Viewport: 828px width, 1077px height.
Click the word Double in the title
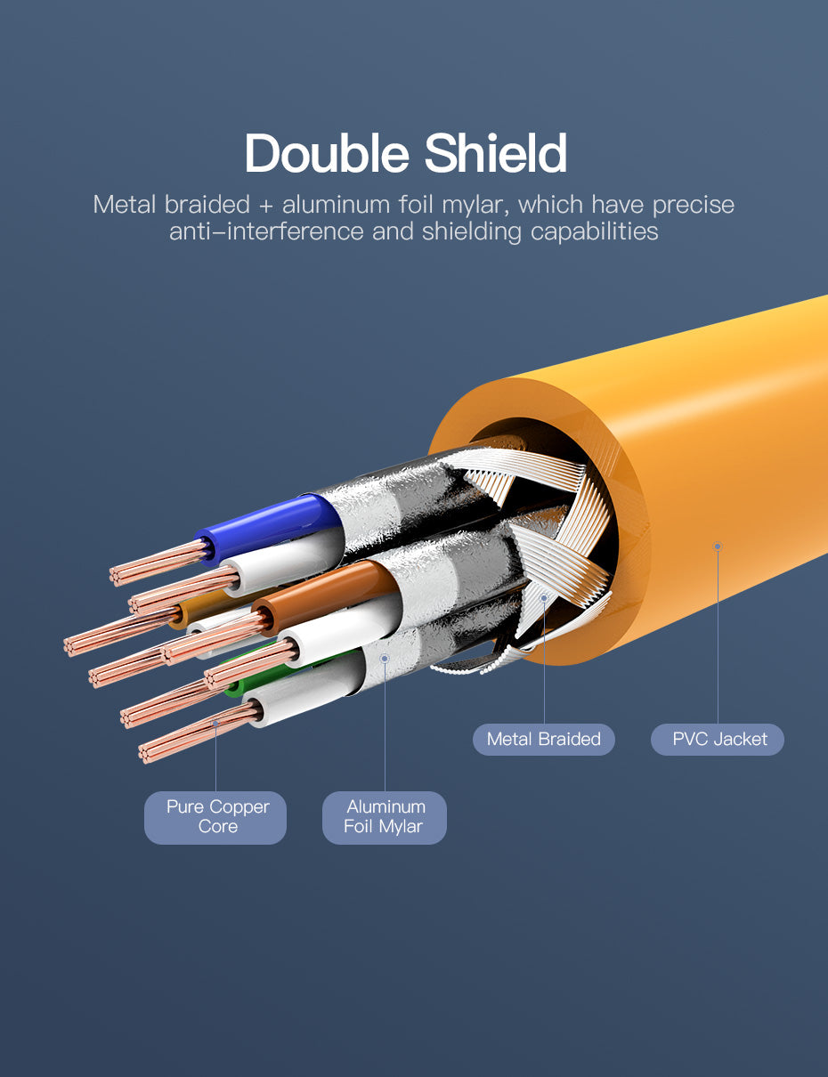[x=327, y=153]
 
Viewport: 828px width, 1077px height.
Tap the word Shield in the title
[x=496, y=153]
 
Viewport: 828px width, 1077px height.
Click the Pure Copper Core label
[x=215, y=817]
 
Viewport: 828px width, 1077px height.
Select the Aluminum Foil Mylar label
[x=385, y=817]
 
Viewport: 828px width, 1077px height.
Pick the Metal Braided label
[x=544, y=740]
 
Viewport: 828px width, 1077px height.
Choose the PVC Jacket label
[x=718, y=740]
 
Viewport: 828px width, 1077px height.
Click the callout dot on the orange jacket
[x=718, y=547]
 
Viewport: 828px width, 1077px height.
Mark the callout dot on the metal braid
[x=544, y=598]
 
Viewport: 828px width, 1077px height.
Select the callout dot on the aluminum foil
[x=385, y=658]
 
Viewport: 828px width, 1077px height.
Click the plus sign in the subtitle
[x=266, y=206]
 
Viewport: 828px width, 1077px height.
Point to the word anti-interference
[x=266, y=231]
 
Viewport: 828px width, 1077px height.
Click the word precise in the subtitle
[x=694, y=206]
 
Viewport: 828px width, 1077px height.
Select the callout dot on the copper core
[x=215, y=724]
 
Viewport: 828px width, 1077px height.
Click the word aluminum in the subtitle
[x=337, y=205]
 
